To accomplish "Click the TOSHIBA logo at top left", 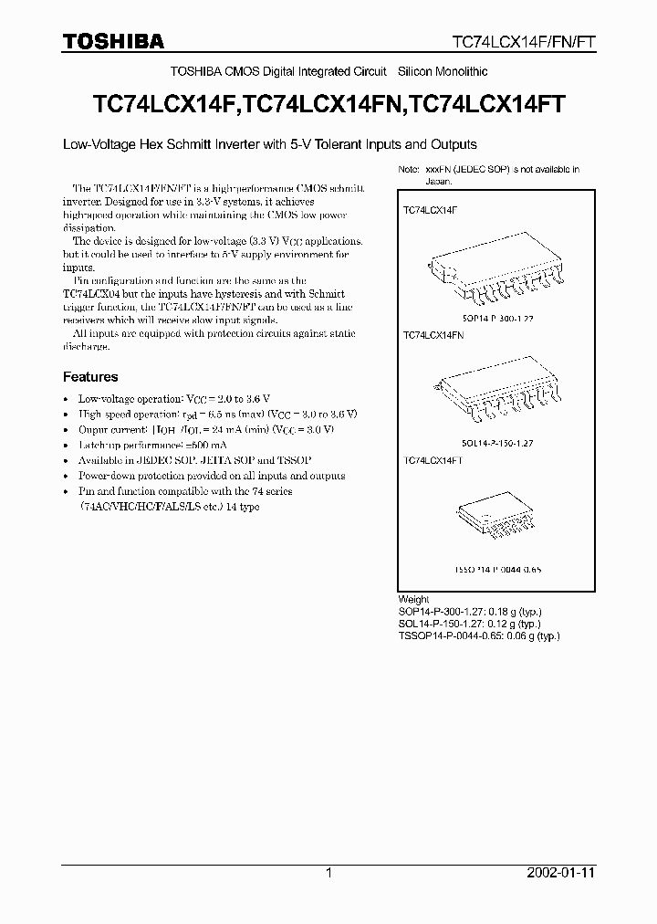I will point(113,40).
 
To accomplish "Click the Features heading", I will point(90,376).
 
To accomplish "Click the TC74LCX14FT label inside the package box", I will point(433,461).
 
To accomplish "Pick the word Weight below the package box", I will point(413,600).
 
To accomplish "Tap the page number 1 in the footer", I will point(328,873).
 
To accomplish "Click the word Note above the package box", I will point(407,170).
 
